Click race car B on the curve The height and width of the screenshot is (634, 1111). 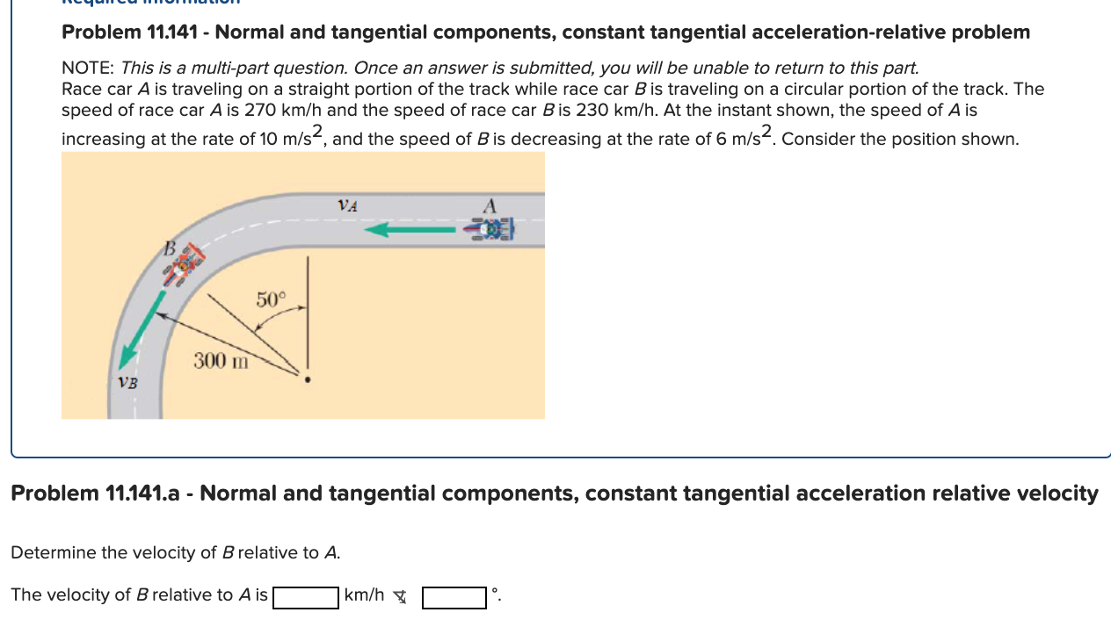tap(184, 264)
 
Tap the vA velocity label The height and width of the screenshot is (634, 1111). tap(348, 205)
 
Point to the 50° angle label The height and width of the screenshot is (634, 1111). tap(271, 299)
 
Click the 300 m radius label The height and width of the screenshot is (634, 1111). tap(221, 360)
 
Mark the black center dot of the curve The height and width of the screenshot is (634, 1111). tap(307, 380)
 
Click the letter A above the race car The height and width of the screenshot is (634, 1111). tap(490, 205)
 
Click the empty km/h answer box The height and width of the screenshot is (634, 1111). tap(306, 597)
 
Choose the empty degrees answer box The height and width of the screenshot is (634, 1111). tap(454, 597)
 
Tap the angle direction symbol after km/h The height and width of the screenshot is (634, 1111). tap(400, 597)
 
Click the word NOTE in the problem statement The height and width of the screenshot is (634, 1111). tap(88, 68)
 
